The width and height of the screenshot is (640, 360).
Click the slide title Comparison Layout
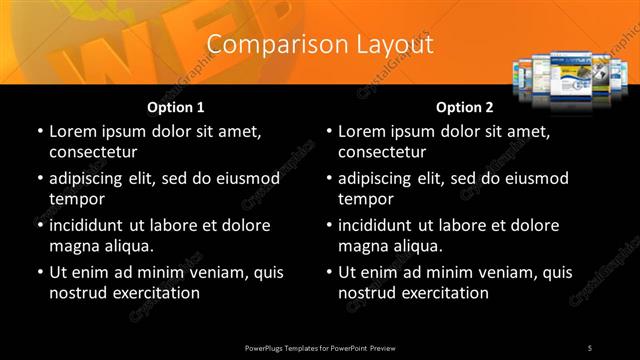point(320,45)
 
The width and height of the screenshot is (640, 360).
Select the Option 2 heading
point(464,107)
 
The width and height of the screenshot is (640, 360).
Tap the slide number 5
point(590,347)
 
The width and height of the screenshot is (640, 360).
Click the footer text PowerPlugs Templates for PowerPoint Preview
point(320,347)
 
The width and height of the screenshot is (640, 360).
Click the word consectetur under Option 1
point(93,152)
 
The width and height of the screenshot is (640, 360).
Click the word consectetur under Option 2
point(382,152)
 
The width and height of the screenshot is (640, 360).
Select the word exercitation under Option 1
point(155,293)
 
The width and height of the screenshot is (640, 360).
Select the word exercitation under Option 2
point(444,293)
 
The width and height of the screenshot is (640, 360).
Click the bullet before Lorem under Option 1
point(40,132)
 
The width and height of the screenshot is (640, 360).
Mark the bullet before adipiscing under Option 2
point(329,179)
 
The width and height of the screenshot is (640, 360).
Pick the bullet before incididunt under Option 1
point(40,226)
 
